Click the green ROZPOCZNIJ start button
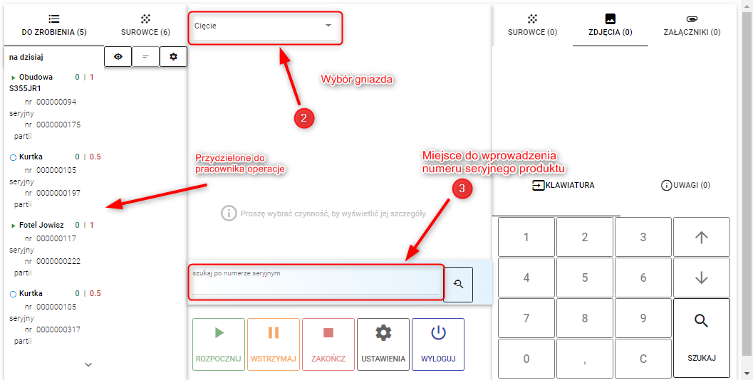219,344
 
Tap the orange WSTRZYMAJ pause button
274,344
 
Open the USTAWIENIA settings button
383,344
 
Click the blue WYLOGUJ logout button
438,344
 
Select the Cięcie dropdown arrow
328,26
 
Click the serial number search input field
316,283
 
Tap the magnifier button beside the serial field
458,284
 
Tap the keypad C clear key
643,359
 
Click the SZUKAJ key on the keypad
702,338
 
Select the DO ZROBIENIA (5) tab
54,26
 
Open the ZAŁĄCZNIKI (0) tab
692,26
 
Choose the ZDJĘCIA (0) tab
611,26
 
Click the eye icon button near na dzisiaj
118,57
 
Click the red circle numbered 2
304,118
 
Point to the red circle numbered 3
462,189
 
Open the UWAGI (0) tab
686,185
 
